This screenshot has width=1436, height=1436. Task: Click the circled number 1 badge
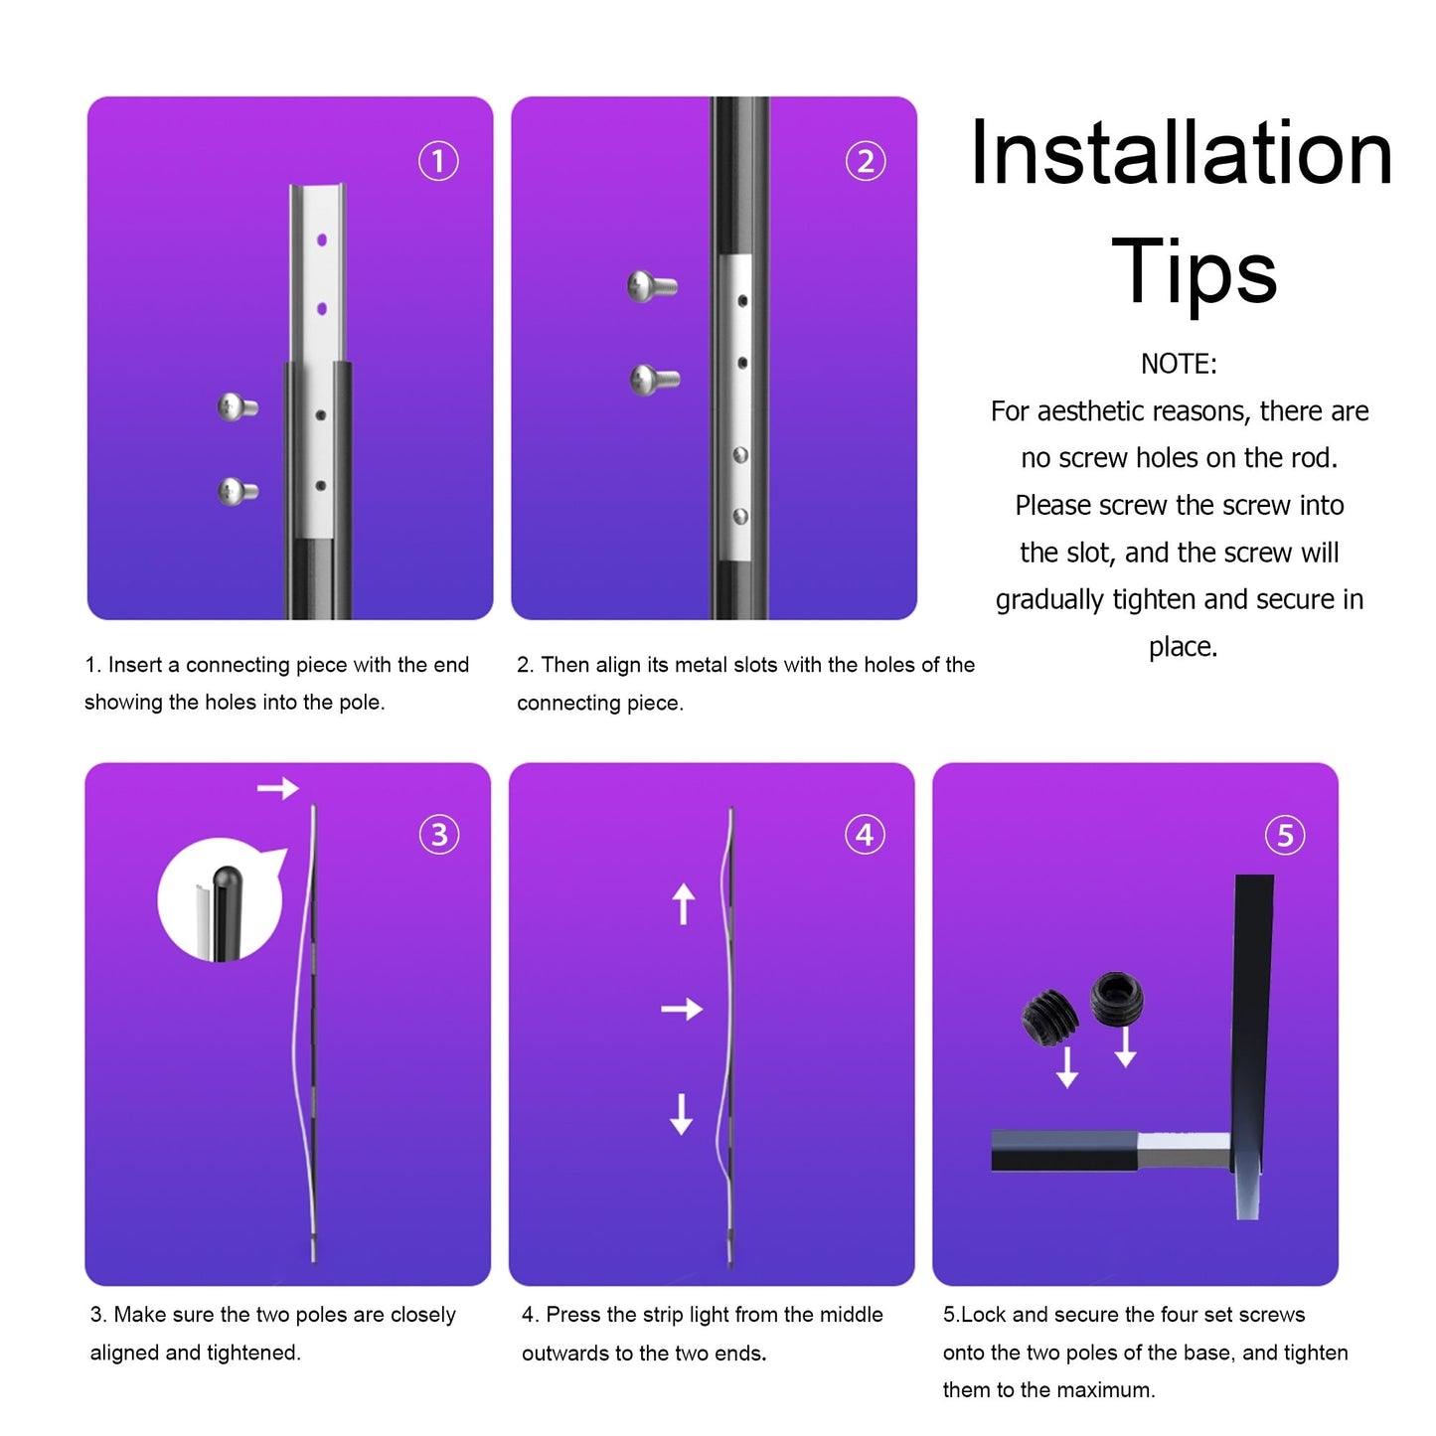(438, 161)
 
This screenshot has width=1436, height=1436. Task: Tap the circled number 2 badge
(865, 161)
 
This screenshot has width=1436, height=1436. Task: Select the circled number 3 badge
(439, 835)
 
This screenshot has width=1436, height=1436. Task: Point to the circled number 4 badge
(865, 835)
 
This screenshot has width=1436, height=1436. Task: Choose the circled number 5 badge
(1285, 836)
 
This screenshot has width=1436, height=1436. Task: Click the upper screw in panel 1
(238, 406)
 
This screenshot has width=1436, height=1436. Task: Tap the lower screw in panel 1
(238, 491)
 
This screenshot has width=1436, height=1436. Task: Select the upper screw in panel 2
(652, 287)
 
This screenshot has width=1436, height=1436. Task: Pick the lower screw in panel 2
(654, 379)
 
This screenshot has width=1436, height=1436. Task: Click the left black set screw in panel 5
(1048, 1018)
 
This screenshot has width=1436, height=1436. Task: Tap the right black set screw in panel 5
(1117, 998)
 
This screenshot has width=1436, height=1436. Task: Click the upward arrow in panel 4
(683, 903)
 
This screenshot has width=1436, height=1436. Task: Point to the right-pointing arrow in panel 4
(682, 1010)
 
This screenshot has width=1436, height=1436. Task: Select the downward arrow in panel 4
(681, 1114)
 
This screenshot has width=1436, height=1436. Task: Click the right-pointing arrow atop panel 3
(278, 789)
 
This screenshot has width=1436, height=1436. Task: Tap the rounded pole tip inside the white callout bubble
(227, 879)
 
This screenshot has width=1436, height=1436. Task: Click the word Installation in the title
(1181, 153)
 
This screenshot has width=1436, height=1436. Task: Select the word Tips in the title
(1194, 271)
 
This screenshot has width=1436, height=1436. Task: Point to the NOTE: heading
(1179, 364)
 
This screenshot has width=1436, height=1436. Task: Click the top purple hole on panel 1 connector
(322, 240)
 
